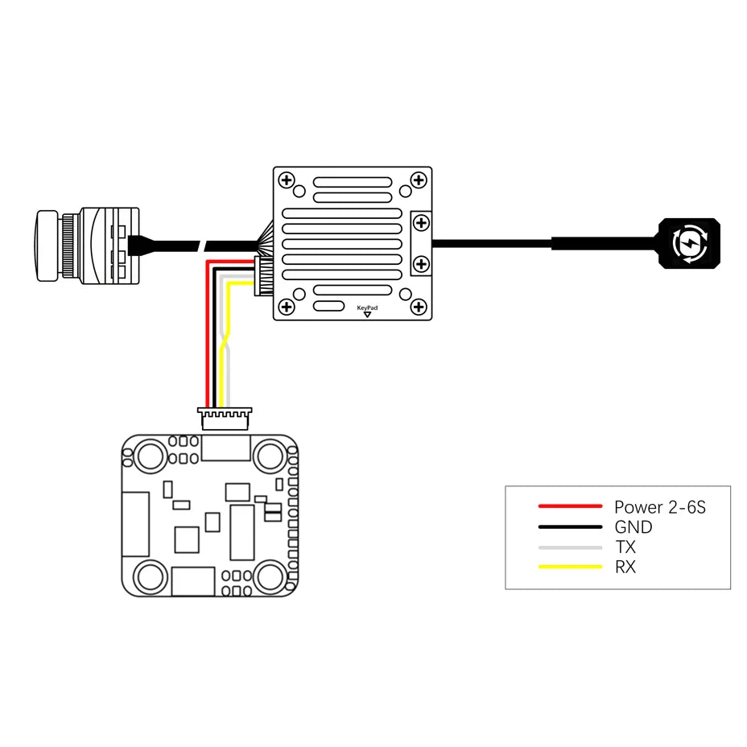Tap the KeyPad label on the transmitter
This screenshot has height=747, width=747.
[x=367, y=307]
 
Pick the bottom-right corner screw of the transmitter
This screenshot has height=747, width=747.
[x=418, y=306]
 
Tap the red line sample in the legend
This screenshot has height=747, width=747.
[x=570, y=506]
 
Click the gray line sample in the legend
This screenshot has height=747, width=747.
[x=570, y=547]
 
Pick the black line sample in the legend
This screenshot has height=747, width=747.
[x=570, y=527]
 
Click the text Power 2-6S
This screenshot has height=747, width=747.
[x=660, y=507]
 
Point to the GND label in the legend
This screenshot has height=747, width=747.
[x=634, y=528]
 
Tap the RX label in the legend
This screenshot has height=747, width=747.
[x=625, y=567]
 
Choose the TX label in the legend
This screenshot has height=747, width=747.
[x=625, y=547]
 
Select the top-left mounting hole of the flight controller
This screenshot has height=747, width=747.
[x=150, y=456]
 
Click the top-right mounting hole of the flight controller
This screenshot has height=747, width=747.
[x=269, y=456]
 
